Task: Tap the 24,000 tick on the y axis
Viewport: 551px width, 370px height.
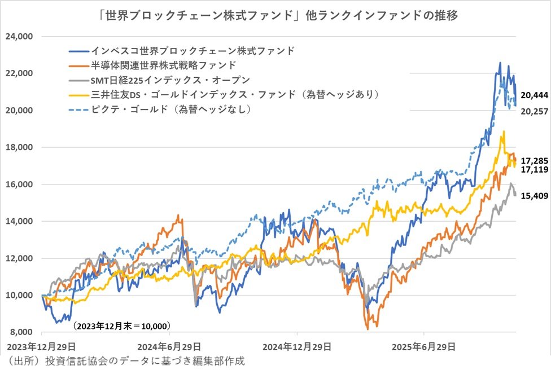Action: pyautogui.click(x=20, y=37)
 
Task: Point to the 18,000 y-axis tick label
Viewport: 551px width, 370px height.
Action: pyautogui.click(x=20, y=147)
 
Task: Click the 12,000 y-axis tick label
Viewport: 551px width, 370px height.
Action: pyautogui.click(x=20, y=258)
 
